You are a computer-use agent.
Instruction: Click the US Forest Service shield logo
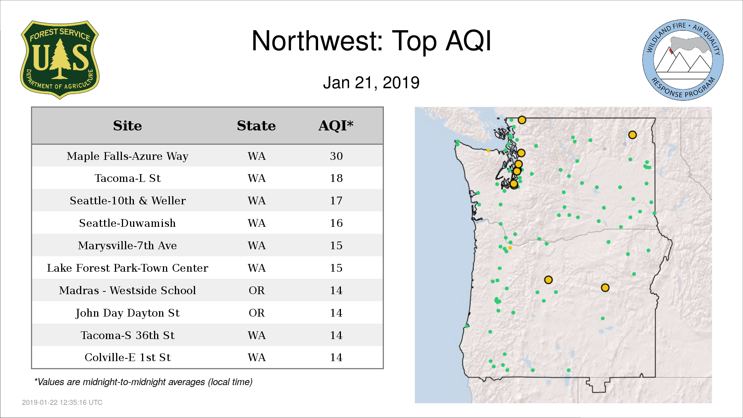click(x=60, y=60)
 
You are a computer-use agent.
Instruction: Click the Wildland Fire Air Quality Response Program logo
click(x=683, y=60)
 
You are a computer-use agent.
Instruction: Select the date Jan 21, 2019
click(x=371, y=83)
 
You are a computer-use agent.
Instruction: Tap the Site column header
click(x=127, y=126)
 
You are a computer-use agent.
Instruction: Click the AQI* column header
click(x=336, y=125)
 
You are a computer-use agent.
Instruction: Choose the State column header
click(x=256, y=126)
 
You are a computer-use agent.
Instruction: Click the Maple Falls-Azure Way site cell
click(x=127, y=156)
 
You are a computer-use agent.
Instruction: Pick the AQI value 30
click(x=336, y=156)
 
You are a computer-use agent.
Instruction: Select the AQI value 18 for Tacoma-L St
click(x=336, y=178)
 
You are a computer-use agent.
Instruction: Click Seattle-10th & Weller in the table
click(x=128, y=200)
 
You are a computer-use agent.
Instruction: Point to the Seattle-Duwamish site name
click(x=127, y=223)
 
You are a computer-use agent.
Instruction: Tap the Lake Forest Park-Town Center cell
click(x=127, y=268)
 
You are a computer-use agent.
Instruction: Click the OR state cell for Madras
click(x=257, y=290)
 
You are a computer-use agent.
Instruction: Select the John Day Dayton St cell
click(x=127, y=313)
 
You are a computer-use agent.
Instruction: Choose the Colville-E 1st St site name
click(x=127, y=357)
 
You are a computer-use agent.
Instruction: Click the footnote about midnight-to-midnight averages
click(x=143, y=382)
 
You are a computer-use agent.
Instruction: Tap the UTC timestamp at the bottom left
click(x=62, y=403)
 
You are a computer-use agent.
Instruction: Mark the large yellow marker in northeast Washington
click(x=632, y=135)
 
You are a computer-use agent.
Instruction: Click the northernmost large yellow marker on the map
click(x=522, y=120)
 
